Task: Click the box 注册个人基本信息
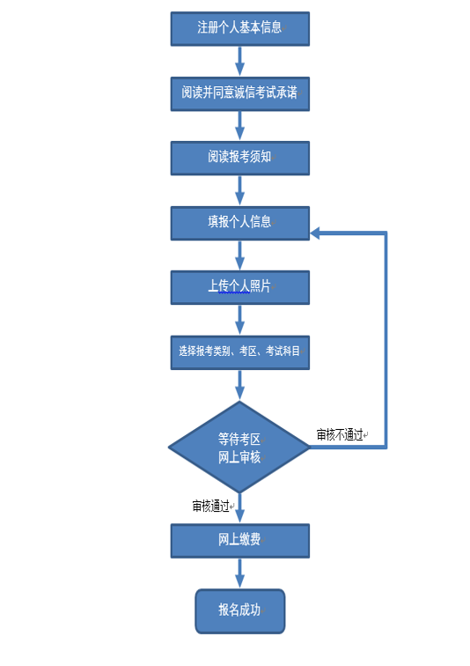pos(240,28)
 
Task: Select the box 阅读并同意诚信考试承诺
pos(240,94)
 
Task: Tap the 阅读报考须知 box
pos(240,158)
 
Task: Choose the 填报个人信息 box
pos(240,223)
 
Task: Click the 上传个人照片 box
pos(240,287)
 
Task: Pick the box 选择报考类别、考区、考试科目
pos(240,352)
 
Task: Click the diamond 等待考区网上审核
pos(239,447)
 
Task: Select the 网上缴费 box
pos(240,541)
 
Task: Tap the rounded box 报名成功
pos(240,611)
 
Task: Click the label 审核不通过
pos(340,434)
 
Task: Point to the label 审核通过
pos(211,506)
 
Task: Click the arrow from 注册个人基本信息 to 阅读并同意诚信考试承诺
pos(240,61)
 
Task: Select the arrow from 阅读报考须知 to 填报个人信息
pos(240,190)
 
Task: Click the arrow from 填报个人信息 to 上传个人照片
pos(240,255)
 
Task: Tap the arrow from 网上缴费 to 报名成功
pos(240,573)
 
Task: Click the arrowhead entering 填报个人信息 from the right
pos(315,233)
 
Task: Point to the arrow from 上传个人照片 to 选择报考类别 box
pos(240,321)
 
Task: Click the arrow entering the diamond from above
pos(240,386)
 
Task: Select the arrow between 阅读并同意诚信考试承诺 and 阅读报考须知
pos(240,126)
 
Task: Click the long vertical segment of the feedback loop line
pos(386,340)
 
